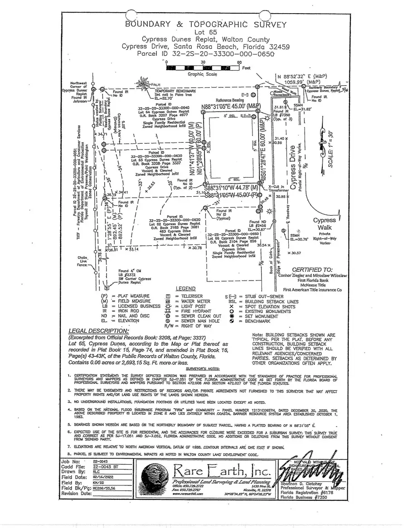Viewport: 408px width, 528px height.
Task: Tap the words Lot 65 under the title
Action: pyautogui.click(x=206, y=32)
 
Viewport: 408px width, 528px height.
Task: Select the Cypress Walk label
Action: pyautogui.click(x=324, y=224)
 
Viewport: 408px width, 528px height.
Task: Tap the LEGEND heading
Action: pyautogui.click(x=185, y=289)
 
